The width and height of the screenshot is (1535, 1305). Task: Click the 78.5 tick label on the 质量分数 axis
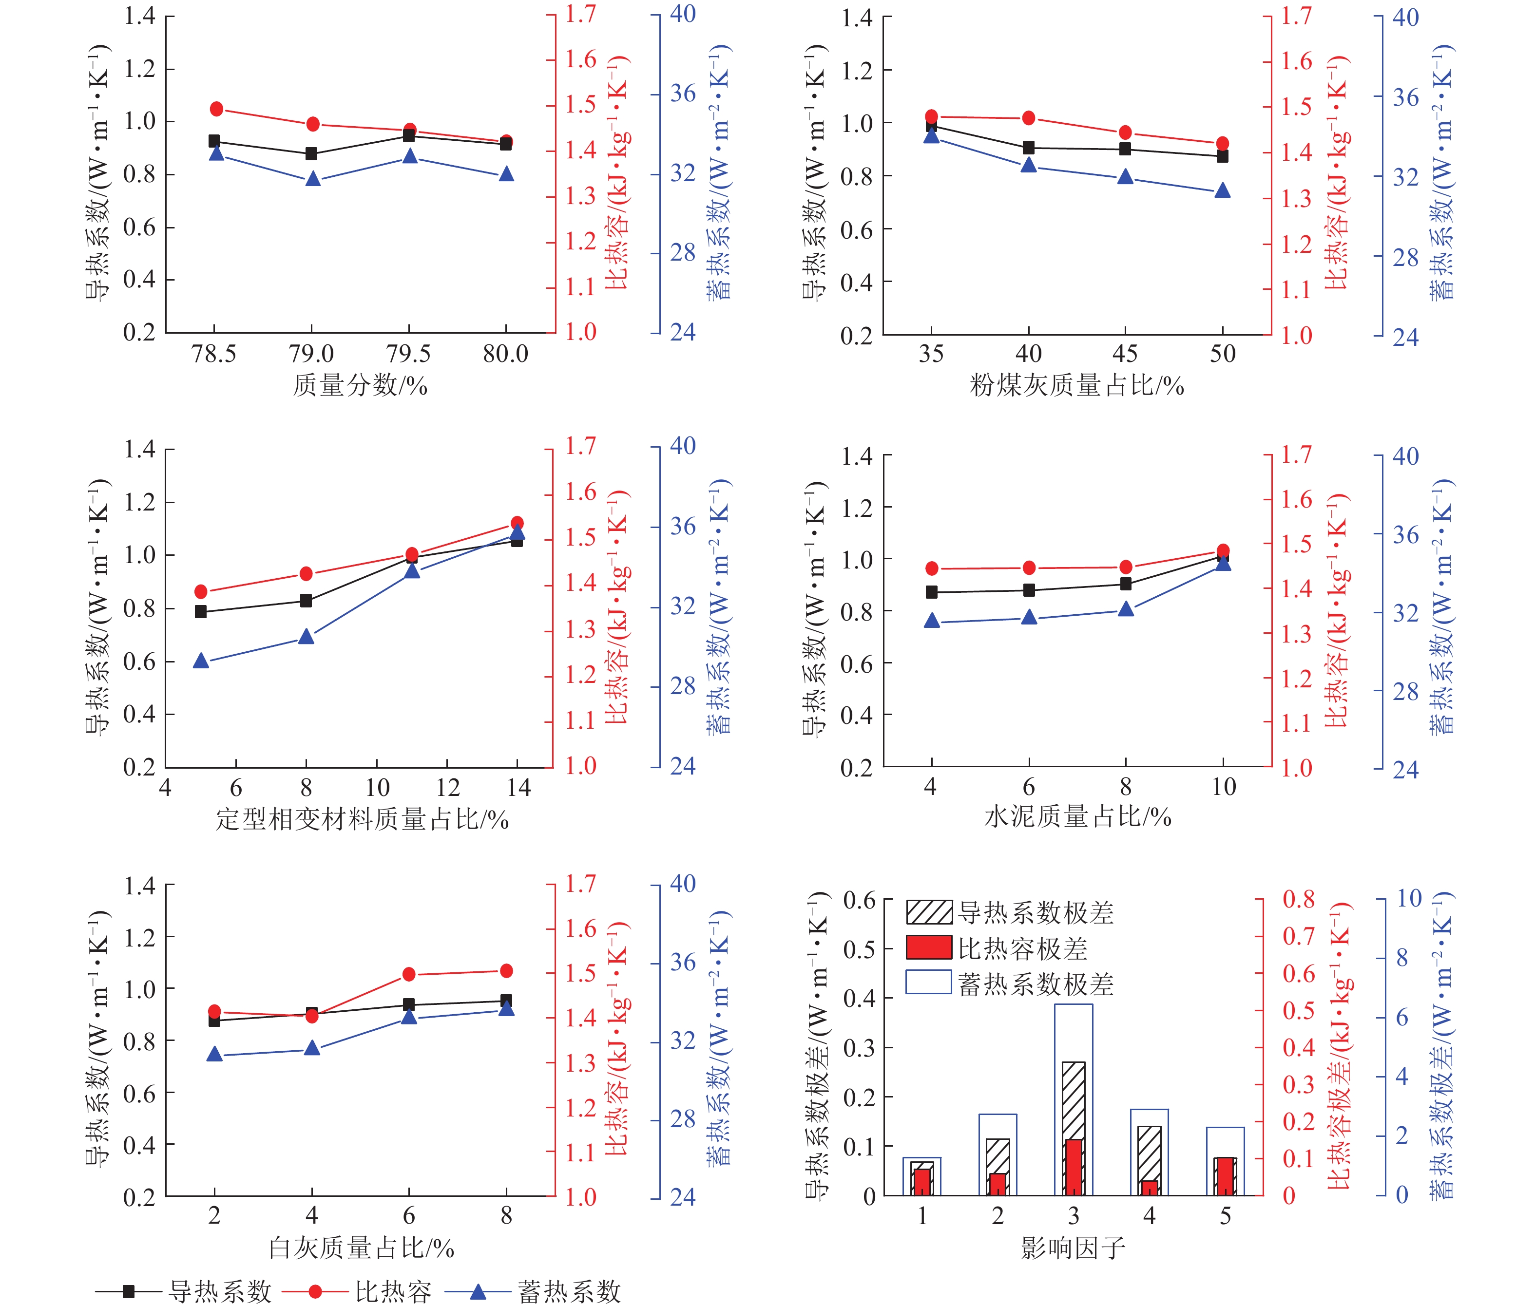tap(214, 354)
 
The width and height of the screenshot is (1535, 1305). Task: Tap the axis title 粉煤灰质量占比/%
tap(1077, 385)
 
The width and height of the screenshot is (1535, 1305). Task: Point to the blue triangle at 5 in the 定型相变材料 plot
tap(201, 661)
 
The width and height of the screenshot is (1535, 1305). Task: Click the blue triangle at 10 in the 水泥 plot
tap(1223, 564)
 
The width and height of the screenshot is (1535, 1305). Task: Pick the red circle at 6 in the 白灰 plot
tap(408, 974)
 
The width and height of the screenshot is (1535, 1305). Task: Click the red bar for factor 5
tap(1225, 1176)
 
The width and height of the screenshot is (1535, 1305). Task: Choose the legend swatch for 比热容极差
tap(928, 947)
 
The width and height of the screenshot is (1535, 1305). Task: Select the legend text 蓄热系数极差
tap(1036, 984)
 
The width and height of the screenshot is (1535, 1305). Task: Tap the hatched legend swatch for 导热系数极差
tap(928, 912)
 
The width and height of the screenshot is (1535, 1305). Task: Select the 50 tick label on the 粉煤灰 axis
tap(1223, 354)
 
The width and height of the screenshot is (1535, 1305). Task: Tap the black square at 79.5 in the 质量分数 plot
tap(408, 135)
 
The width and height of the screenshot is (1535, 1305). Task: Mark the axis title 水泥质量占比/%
tap(1077, 817)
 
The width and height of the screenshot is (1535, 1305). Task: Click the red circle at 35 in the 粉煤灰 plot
tap(931, 116)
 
